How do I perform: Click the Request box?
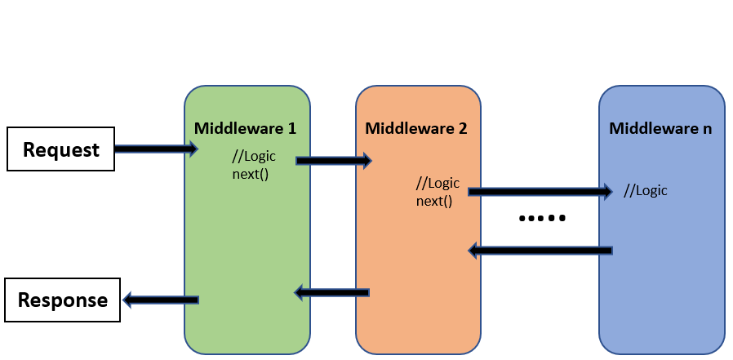coord(60,150)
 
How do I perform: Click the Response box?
coord(63,300)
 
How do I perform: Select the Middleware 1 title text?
coord(245,128)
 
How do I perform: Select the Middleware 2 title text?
coord(416,128)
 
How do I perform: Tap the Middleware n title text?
coord(660,128)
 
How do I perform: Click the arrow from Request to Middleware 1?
coord(156,149)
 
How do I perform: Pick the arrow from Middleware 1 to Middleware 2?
coord(333,161)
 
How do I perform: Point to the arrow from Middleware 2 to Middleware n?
coord(540,192)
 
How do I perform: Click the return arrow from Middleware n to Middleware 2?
coord(540,251)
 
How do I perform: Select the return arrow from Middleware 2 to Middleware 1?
coord(332,291)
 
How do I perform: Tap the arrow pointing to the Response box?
coord(161,300)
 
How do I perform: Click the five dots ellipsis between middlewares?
coord(542,219)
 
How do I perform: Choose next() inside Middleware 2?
coord(433,199)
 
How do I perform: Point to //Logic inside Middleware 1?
coord(255,158)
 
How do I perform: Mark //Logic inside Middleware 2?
coord(438,183)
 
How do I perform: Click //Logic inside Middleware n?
coord(645,191)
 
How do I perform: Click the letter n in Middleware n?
coord(707,128)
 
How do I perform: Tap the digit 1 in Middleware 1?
coord(291,128)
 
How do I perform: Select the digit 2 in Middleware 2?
coord(463,128)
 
